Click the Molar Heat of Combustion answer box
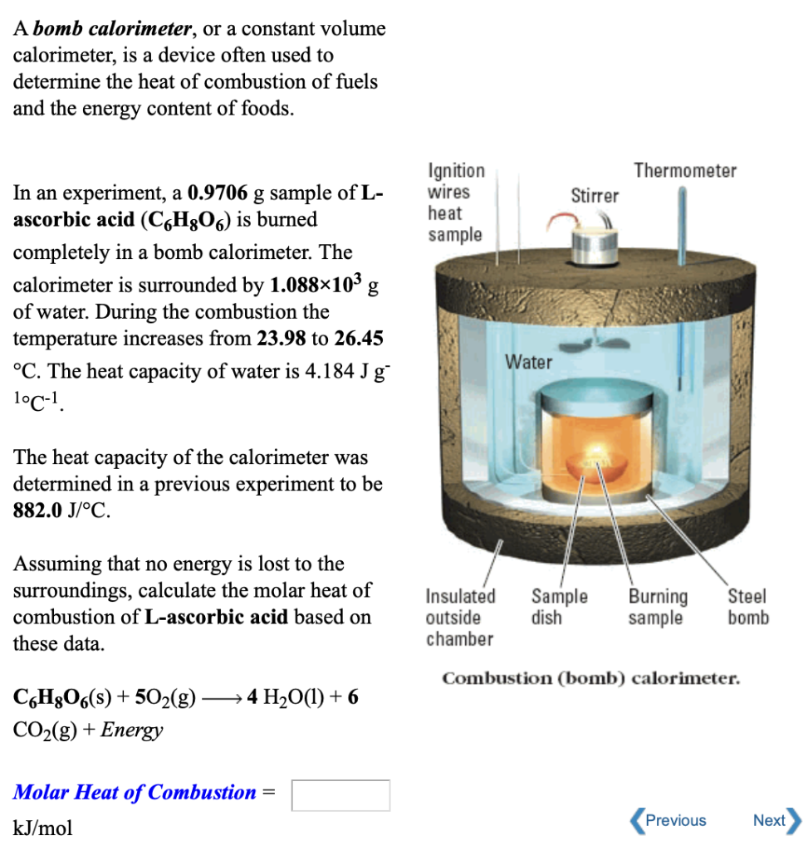pos(340,794)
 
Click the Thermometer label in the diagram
pos(684,171)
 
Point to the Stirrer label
pos(595,196)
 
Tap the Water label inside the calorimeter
pos(529,363)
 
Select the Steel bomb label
pos(748,607)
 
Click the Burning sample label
pos(658,607)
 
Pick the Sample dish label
pos(559,607)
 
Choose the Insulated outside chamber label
pos(460,618)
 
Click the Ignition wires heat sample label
pos(456,203)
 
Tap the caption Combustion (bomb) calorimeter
pos(590,679)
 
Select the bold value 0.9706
pos(218,194)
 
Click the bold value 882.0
pos(36,510)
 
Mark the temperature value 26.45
pos(358,339)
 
